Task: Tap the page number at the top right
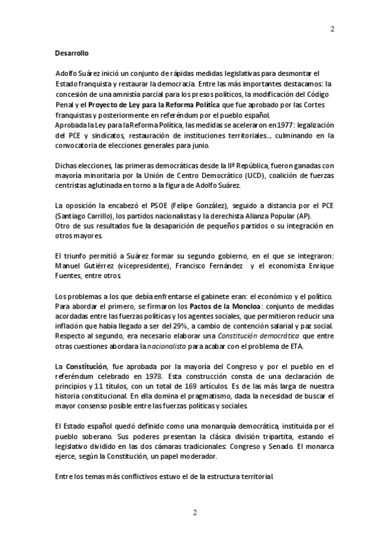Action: [333, 29]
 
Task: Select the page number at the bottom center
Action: [194, 513]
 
